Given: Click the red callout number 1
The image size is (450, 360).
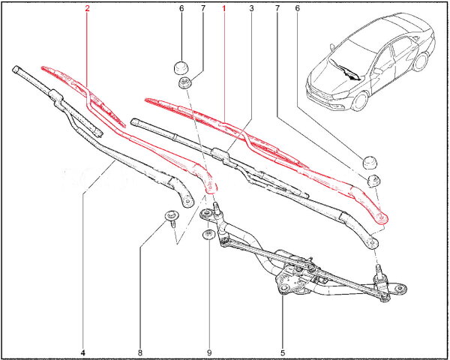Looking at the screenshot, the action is (x=223, y=8).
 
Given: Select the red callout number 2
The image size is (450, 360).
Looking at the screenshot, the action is (x=87, y=8).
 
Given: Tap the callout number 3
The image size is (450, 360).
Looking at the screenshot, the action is (x=252, y=8).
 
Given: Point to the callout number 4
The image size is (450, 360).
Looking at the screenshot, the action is (x=83, y=352).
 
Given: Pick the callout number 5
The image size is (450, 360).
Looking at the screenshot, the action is (x=283, y=352).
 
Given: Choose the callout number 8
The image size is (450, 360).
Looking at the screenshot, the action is (x=140, y=352).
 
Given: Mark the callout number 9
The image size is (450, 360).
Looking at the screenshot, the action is (x=209, y=352).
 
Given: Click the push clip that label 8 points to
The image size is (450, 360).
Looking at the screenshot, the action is (x=172, y=217).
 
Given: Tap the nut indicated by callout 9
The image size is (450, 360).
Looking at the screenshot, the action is (x=208, y=235).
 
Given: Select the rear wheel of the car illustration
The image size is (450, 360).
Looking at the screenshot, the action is (x=421, y=61).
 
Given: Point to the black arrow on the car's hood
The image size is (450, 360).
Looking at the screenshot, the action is (x=346, y=71).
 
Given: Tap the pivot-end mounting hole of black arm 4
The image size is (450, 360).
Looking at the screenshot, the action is (x=187, y=201).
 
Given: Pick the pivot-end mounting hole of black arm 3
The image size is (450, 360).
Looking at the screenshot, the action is (x=372, y=243).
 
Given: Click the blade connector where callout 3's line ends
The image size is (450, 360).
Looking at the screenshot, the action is (x=220, y=154).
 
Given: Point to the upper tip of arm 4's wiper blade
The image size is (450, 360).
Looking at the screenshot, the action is (x=16, y=69).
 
